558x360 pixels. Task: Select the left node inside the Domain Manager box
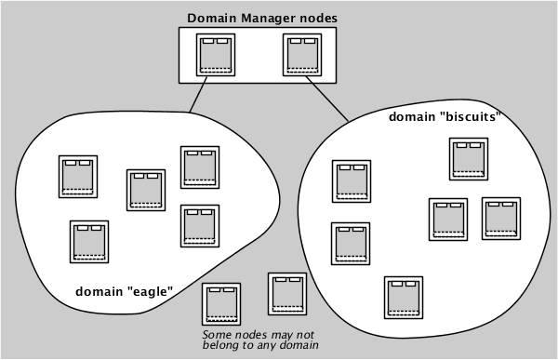click(216, 56)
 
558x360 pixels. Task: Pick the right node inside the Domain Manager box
click(302, 56)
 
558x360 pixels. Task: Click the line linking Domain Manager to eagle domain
click(196, 96)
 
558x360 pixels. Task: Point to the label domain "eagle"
click(124, 291)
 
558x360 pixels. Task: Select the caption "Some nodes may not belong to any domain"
click(260, 340)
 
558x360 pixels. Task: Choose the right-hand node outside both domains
click(287, 293)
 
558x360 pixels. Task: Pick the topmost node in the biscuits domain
click(468, 158)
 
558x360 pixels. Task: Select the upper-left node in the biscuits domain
click(351, 180)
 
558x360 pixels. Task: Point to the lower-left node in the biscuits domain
click(351, 243)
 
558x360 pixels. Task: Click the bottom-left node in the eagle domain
click(89, 241)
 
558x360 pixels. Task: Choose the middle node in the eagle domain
click(146, 190)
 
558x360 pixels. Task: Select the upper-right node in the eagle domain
click(199, 167)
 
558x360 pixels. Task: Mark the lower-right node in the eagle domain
click(199, 224)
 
